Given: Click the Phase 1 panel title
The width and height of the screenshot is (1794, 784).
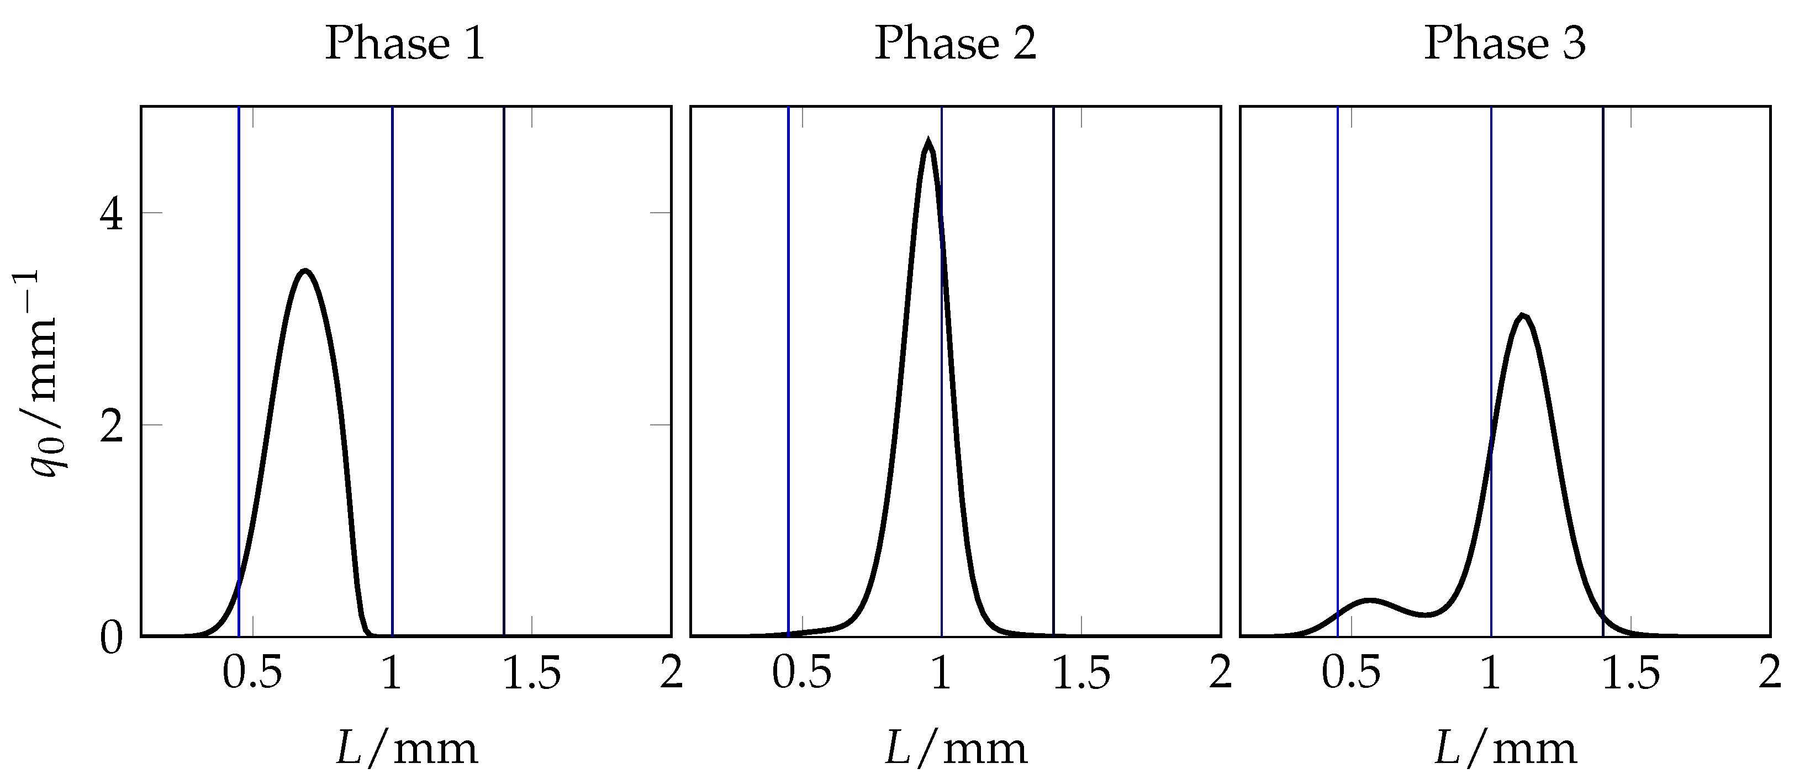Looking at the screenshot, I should tap(405, 44).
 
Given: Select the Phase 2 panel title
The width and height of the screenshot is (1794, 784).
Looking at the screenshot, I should tap(955, 44).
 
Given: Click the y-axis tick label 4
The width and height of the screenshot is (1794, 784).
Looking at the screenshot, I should tap(112, 213).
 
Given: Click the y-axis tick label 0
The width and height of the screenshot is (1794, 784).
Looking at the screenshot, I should tap(112, 637).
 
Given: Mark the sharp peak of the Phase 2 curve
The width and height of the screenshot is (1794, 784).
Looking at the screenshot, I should tap(927, 141).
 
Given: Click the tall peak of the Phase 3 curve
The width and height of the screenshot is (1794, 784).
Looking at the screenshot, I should tap(1523, 317).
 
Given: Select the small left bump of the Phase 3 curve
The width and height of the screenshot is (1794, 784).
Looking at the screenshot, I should tap(1370, 600).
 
